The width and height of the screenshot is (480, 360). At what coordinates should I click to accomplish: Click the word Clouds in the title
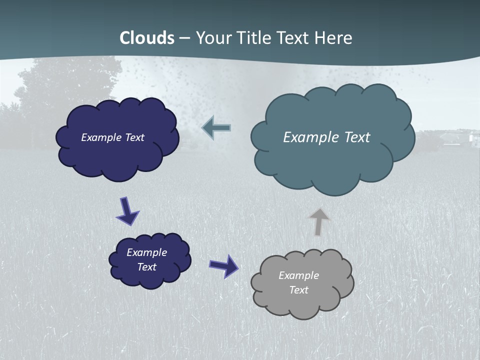[147, 38]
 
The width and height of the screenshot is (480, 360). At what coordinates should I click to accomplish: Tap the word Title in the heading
[253, 38]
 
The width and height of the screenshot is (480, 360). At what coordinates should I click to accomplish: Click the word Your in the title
[212, 38]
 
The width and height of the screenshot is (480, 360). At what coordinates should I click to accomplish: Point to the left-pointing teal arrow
[216, 128]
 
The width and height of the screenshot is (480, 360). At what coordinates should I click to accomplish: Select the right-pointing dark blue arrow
[224, 265]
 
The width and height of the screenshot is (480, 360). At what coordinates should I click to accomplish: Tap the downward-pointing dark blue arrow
[127, 210]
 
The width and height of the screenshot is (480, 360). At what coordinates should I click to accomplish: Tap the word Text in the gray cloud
[298, 290]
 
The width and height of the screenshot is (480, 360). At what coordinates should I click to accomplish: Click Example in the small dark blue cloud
[146, 252]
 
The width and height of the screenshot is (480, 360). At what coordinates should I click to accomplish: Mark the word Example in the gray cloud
[298, 275]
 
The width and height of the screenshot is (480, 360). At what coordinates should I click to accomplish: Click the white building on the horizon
[472, 137]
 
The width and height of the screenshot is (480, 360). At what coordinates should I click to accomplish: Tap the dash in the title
[184, 38]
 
